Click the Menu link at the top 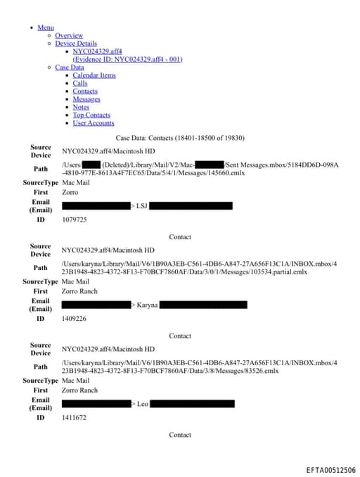pos(45,27)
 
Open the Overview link pos(69,35)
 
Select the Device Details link pos(76,44)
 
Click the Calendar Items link pos(94,75)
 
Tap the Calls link pos(80,83)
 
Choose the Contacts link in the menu pos(85,91)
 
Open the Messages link pos(86,99)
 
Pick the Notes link pos(81,107)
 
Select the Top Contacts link pos(91,115)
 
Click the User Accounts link pos(94,123)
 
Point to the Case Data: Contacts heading pos(180,138)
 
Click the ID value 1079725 pos(75,220)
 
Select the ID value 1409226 pos(75,319)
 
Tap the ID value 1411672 pos(75,418)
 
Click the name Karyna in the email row pos(147,305)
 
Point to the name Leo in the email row pos(142,405)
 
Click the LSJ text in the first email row pos(141,206)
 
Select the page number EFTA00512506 pos(330,470)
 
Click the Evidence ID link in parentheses pos(127,60)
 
